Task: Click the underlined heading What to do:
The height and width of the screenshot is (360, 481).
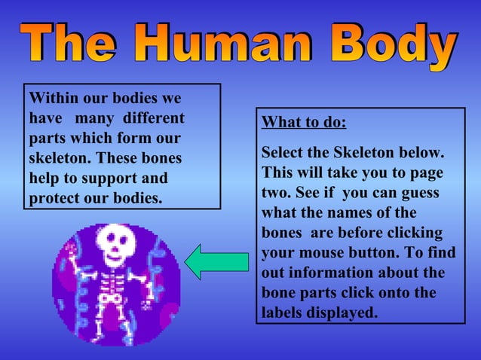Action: [x=304, y=123]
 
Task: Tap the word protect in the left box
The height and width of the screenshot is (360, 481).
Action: [x=57, y=200]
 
